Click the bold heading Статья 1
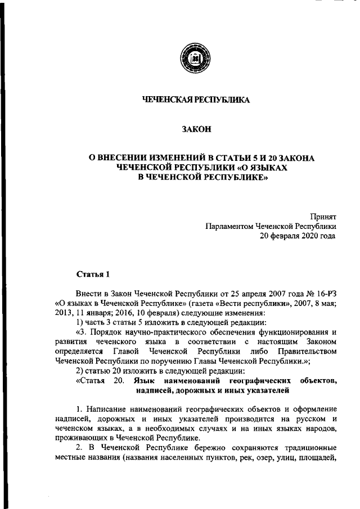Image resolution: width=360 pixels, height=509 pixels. tap(91, 273)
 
